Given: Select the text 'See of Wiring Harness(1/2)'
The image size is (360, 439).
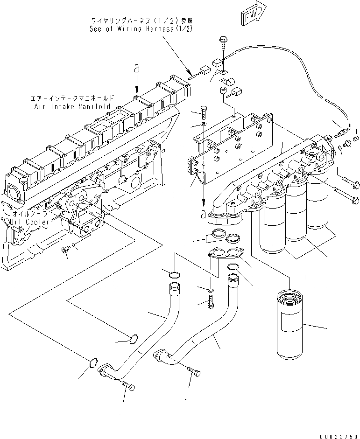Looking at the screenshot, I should pos(141,29).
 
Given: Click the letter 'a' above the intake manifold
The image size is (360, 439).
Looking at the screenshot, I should pos(136,69).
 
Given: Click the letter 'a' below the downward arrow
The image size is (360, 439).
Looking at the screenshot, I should pos(203,214).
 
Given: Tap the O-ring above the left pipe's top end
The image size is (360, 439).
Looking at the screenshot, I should pos(174,273).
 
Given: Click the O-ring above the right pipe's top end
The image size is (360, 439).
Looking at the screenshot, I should pos(233,267).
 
